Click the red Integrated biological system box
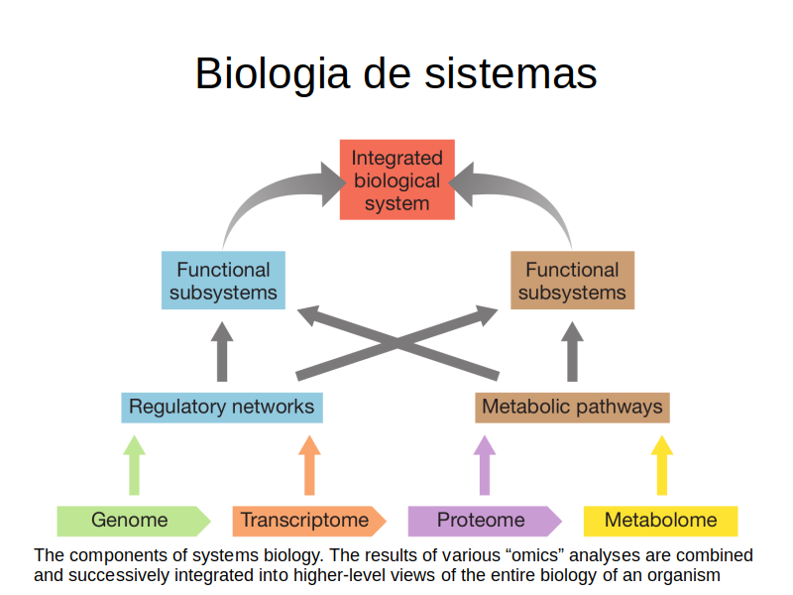pyautogui.click(x=397, y=179)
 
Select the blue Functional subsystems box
pyautogui.click(x=223, y=281)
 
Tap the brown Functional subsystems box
pyautogui.click(x=573, y=281)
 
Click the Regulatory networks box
pyautogui.click(x=222, y=408)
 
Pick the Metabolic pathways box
pyautogui.click(x=573, y=408)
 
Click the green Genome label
pyautogui.click(x=134, y=522)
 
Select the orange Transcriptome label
pyautogui.click(x=309, y=522)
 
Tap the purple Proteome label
pyautogui.click(x=485, y=522)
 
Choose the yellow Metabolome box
pyautogui.click(x=660, y=522)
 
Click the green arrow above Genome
pyautogui.click(x=134, y=465)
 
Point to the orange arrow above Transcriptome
pyautogui.click(x=309, y=465)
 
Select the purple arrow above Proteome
pyautogui.click(x=485, y=465)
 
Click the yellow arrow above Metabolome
pyautogui.click(x=661, y=465)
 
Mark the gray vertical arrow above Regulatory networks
pyautogui.click(x=222, y=352)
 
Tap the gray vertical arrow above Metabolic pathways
pyautogui.click(x=573, y=352)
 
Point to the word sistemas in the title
pyautogui.click(x=510, y=73)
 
